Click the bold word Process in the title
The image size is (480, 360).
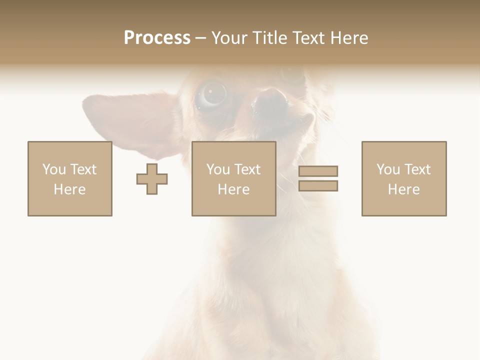(157, 38)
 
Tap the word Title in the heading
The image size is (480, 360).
(270, 38)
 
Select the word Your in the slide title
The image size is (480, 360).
(229, 38)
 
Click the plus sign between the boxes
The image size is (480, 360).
(152, 178)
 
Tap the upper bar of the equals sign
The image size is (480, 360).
(318, 171)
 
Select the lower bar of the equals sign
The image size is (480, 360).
(318, 185)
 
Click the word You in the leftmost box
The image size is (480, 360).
(54, 169)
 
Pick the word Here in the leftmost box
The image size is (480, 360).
(69, 189)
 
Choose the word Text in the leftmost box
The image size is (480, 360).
(83, 169)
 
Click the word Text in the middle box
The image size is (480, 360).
(247, 169)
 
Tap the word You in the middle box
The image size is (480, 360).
(218, 169)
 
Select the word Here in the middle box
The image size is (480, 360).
(233, 189)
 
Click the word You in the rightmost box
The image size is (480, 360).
(388, 169)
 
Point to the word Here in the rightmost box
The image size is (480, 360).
(403, 189)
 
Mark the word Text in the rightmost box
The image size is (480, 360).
(417, 169)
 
